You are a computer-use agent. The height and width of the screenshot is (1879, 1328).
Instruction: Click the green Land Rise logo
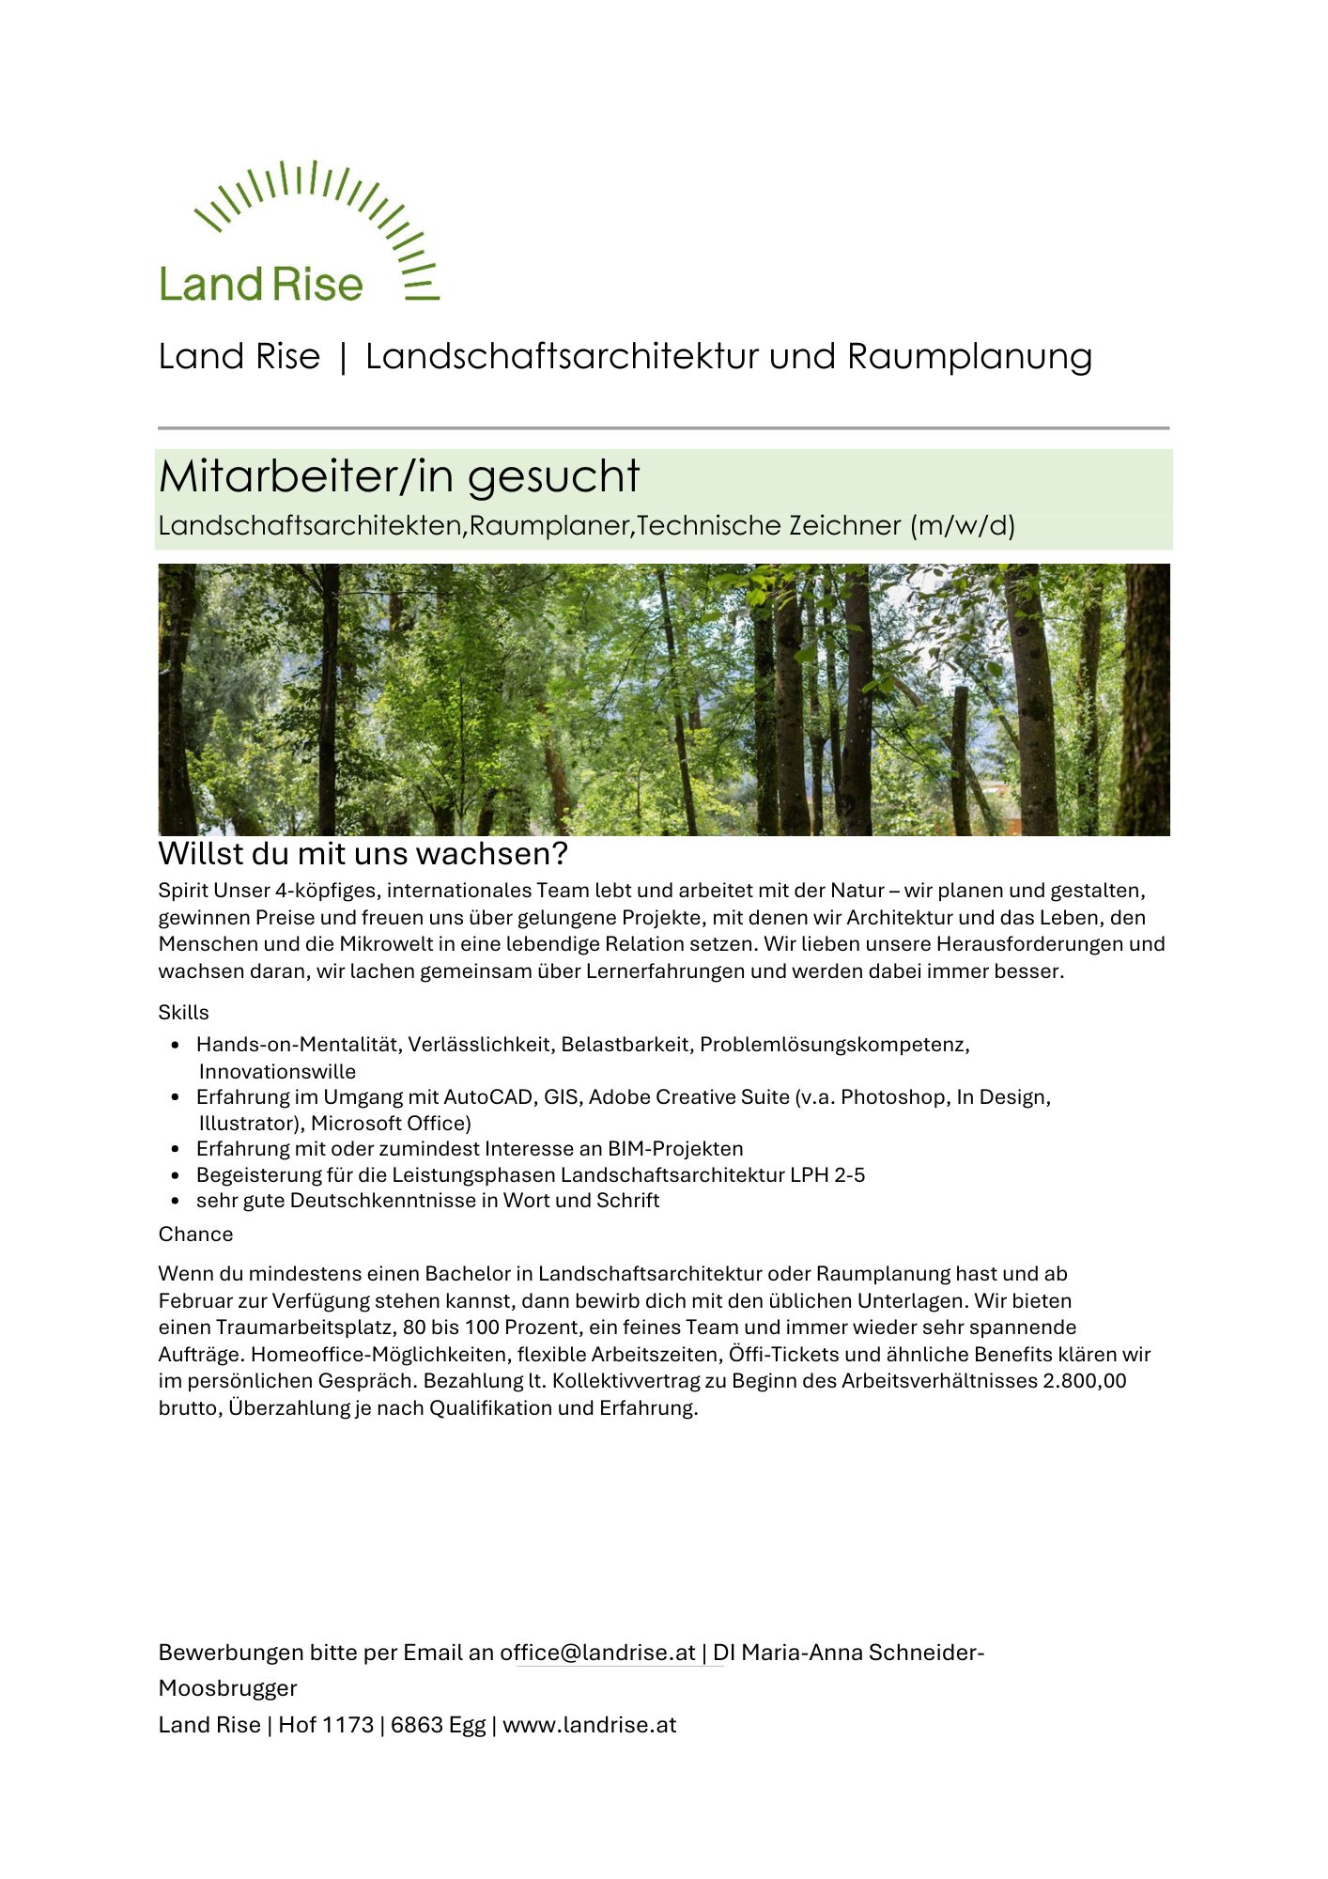coord(298,232)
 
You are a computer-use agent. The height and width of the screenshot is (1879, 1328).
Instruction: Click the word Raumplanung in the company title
coord(969,357)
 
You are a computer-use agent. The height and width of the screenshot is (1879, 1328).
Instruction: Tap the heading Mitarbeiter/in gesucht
coord(399,476)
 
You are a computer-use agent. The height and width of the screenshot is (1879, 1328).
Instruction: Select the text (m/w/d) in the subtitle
coord(963,525)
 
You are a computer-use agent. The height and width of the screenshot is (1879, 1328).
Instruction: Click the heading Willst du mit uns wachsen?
coord(363,854)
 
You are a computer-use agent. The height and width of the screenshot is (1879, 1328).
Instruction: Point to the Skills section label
coord(183,1013)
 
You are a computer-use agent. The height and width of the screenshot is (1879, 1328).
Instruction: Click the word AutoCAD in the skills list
coord(488,1097)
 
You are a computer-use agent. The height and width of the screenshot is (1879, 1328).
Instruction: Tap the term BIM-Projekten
coord(675,1149)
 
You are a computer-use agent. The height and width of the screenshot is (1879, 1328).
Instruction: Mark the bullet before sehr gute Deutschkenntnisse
coord(176,1202)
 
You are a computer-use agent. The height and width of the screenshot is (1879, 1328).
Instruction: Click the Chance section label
coord(195,1235)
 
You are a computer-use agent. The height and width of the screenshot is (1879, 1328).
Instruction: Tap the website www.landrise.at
coord(589,1725)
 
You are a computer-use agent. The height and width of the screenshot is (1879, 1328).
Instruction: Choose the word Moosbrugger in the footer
coord(227,1688)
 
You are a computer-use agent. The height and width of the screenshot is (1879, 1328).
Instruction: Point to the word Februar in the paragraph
coord(194,1301)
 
